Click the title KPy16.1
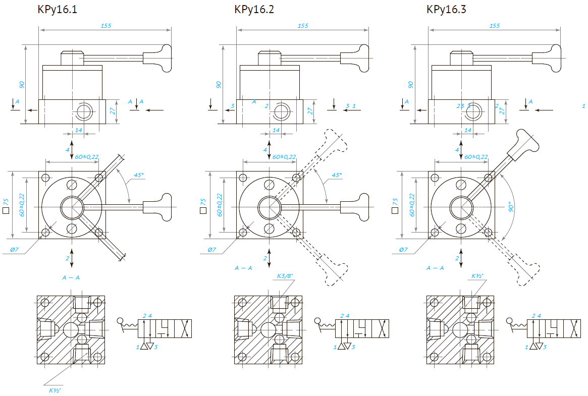coord(57,10)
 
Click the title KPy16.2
coord(254,10)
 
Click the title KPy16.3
coord(446,10)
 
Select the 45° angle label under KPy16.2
coord(336,175)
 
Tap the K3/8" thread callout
coord(285,276)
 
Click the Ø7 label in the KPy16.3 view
coord(403,250)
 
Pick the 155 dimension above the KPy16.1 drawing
coord(105,25)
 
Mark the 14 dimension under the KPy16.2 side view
coord(276,130)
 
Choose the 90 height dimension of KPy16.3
coord(411,84)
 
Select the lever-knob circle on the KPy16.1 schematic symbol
coord(120,321)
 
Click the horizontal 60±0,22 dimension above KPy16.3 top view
coord(476,157)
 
